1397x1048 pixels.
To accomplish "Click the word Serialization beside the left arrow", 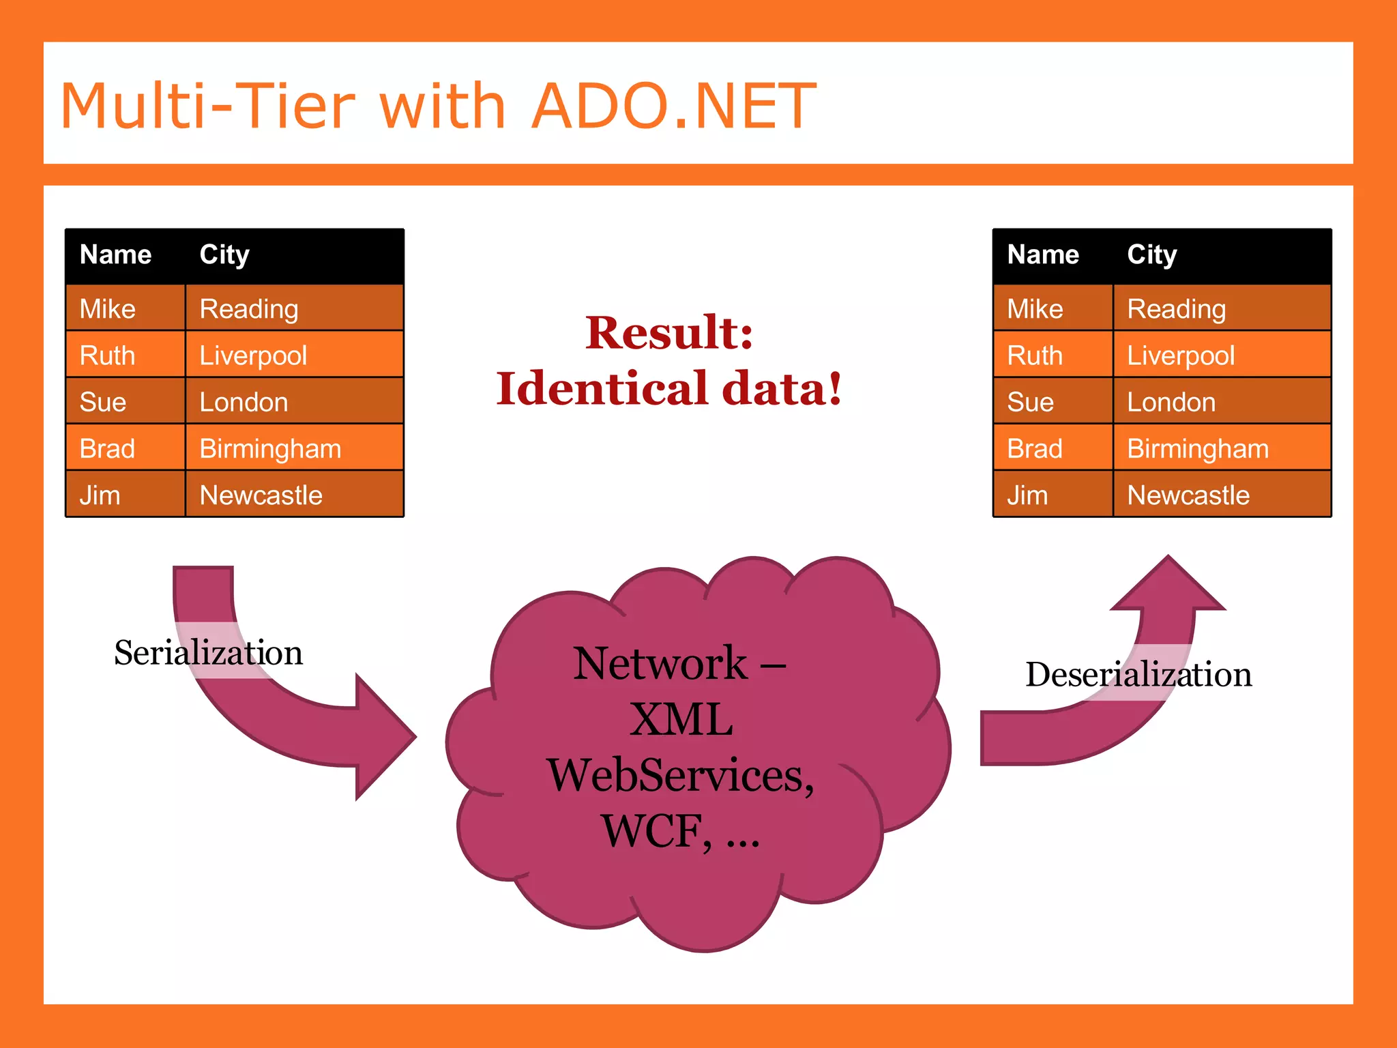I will (x=208, y=653).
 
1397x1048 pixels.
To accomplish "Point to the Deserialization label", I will (x=1138, y=675).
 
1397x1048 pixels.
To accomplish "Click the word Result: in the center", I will (x=669, y=333).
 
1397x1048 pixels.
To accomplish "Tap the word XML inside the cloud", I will (x=681, y=719).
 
